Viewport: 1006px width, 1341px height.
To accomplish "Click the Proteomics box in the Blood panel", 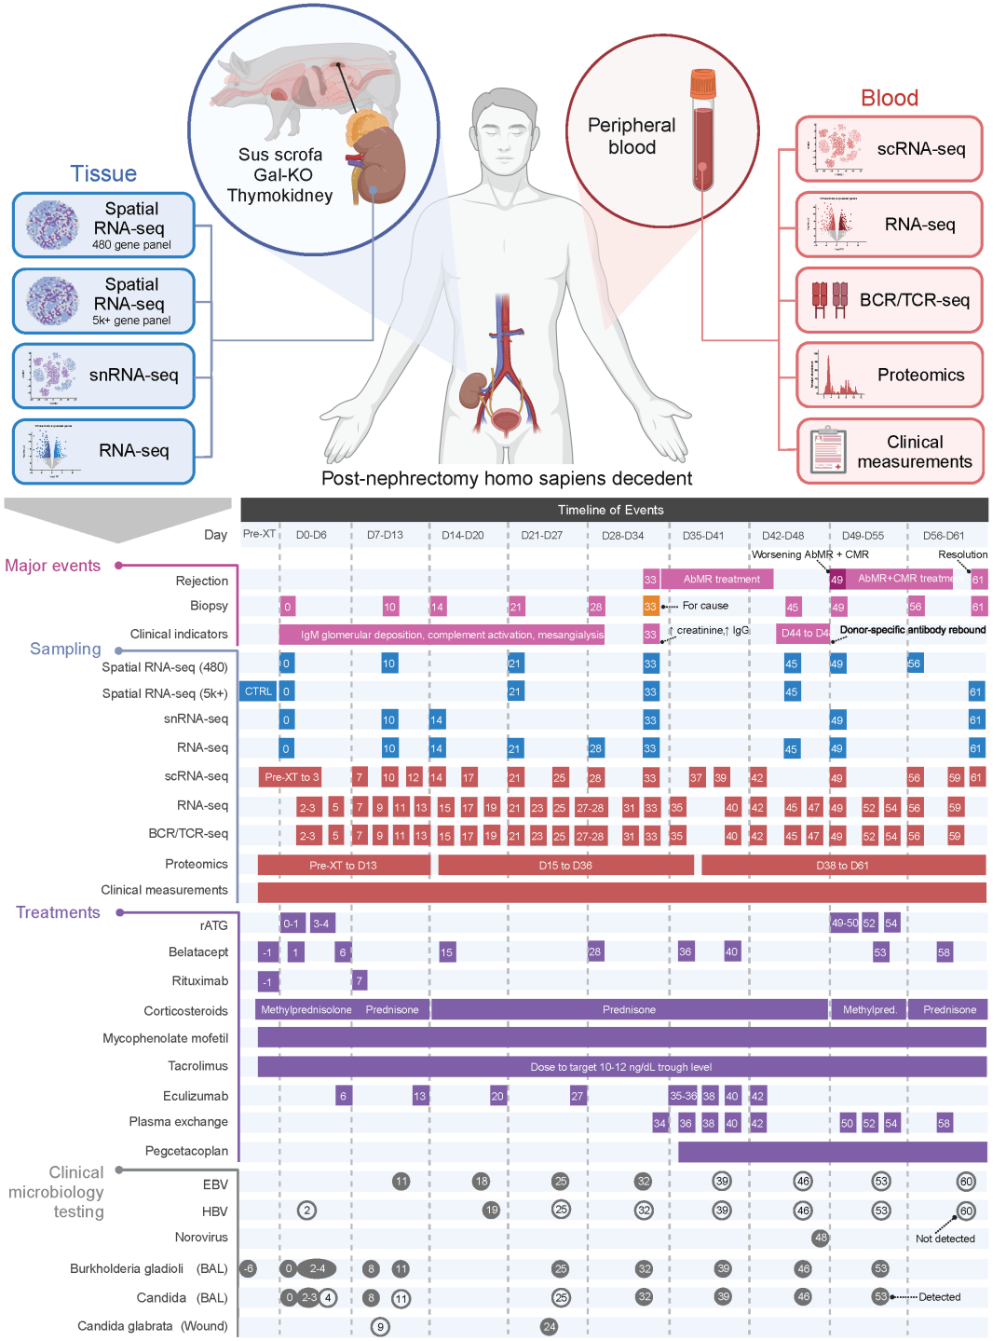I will [x=890, y=375].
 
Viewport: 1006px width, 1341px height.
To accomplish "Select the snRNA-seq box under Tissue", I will [x=103, y=376].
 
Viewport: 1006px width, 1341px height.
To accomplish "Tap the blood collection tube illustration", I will [x=703, y=130].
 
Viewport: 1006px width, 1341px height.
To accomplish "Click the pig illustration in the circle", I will [x=298, y=89].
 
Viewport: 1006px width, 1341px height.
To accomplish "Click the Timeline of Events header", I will [x=614, y=510].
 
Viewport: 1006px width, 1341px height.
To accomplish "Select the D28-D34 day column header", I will [x=623, y=536].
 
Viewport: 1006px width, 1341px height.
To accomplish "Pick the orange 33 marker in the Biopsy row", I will [x=650, y=606].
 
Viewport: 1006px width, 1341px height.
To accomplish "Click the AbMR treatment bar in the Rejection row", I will [x=721, y=579].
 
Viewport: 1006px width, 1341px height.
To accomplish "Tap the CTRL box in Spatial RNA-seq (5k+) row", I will [x=258, y=691].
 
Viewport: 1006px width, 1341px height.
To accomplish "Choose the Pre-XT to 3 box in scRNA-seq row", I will [x=291, y=777].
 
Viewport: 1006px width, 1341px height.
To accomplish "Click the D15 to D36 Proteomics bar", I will [x=565, y=865].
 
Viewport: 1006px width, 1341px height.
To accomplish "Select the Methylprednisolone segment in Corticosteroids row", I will [x=306, y=1009].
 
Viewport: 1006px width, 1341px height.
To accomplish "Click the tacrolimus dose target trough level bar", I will [x=621, y=1067].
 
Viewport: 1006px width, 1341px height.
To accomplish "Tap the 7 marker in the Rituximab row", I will [x=360, y=980].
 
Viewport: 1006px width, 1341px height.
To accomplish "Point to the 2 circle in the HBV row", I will [x=306, y=1211].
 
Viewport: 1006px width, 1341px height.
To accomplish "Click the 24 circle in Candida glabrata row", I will [x=550, y=1326].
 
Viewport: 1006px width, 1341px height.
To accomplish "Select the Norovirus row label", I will [x=201, y=1238].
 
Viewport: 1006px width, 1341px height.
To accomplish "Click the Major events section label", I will [x=53, y=566].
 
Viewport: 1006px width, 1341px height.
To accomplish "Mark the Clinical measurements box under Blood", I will [x=890, y=451].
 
